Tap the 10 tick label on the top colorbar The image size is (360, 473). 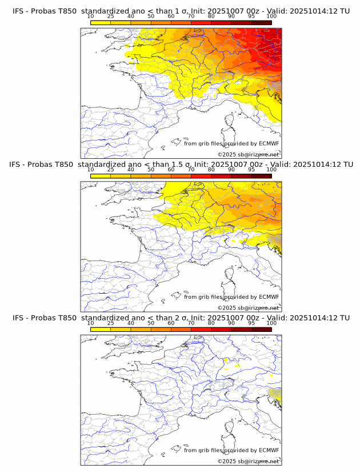91,17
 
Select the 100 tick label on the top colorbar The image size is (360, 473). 271,17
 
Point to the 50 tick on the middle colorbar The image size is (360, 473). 151,170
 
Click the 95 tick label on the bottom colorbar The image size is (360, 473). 251,323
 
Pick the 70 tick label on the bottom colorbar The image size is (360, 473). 191,323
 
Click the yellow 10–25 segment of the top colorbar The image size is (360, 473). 101,22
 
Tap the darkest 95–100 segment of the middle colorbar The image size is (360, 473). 261,176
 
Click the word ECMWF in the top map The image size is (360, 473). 269,143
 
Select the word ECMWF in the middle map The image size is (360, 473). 269,297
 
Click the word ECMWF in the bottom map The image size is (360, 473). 269,450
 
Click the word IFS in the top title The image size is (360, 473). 19,11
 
